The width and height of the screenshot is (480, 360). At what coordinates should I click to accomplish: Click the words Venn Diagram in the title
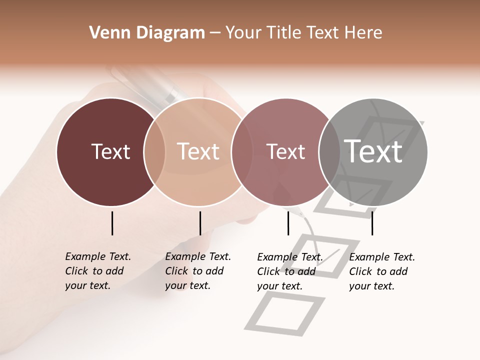147,32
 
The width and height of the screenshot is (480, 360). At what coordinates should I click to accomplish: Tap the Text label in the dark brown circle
110,151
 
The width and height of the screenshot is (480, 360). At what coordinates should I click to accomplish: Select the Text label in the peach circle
198,151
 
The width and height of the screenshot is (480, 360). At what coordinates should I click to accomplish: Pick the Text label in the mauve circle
285,151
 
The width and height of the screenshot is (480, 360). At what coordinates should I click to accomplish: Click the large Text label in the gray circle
373,151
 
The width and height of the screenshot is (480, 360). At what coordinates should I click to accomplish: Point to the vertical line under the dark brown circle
112,223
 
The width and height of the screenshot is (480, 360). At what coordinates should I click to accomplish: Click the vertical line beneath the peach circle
200,223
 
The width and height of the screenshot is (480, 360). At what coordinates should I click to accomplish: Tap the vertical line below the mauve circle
288,223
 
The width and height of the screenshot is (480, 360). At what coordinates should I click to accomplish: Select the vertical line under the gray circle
372,223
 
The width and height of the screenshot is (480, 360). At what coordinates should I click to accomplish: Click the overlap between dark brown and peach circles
154,151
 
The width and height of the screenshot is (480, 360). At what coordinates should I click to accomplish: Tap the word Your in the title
243,32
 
